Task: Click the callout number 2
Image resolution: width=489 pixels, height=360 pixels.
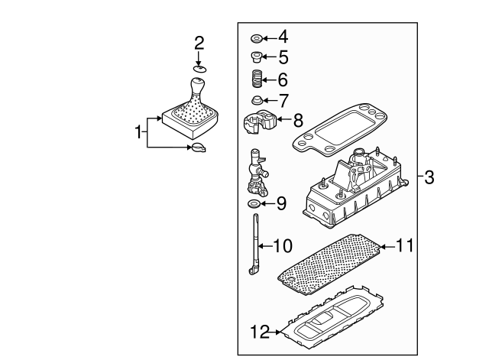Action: [x=199, y=43]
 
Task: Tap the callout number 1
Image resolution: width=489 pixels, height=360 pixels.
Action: [x=138, y=132]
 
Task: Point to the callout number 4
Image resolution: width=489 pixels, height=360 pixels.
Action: [x=283, y=37]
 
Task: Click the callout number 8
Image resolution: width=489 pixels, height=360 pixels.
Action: [x=297, y=120]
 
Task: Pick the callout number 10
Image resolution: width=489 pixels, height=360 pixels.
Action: [x=282, y=246]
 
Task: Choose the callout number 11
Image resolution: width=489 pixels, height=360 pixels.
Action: [x=405, y=246]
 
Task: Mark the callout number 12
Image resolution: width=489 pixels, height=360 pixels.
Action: [x=261, y=332]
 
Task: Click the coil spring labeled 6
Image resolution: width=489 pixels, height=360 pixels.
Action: [x=257, y=78]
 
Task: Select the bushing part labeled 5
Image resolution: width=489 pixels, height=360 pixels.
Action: [x=257, y=57]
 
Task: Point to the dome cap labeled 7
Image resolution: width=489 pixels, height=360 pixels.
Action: [x=257, y=100]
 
